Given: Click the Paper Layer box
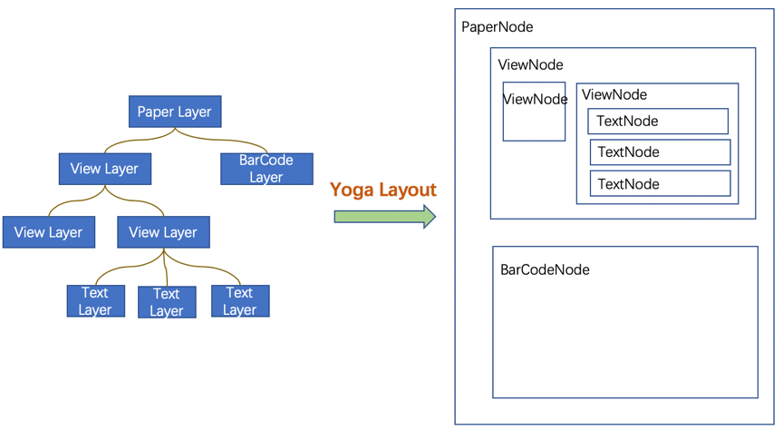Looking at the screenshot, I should [175, 112].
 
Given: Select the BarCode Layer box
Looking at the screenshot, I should [266, 169].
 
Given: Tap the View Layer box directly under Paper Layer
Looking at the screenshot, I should [104, 169].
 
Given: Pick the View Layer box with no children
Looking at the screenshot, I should [48, 232].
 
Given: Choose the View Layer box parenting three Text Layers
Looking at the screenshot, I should [163, 232].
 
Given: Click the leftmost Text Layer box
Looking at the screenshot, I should [95, 301].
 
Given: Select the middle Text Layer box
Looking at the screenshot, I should [167, 302].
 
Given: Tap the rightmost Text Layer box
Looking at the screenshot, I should [240, 301].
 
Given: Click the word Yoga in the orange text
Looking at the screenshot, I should [351, 190].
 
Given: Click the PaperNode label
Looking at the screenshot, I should [498, 27].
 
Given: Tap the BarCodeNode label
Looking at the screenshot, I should [545, 270].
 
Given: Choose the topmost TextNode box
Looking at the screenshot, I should [658, 122].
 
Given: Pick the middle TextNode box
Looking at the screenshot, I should [660, 152].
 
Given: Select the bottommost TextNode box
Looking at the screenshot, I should [660, 184].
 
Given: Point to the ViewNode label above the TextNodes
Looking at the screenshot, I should [614, 95].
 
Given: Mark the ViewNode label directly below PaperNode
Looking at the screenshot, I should [530, 65].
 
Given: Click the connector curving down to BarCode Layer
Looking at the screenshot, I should [227, 141].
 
